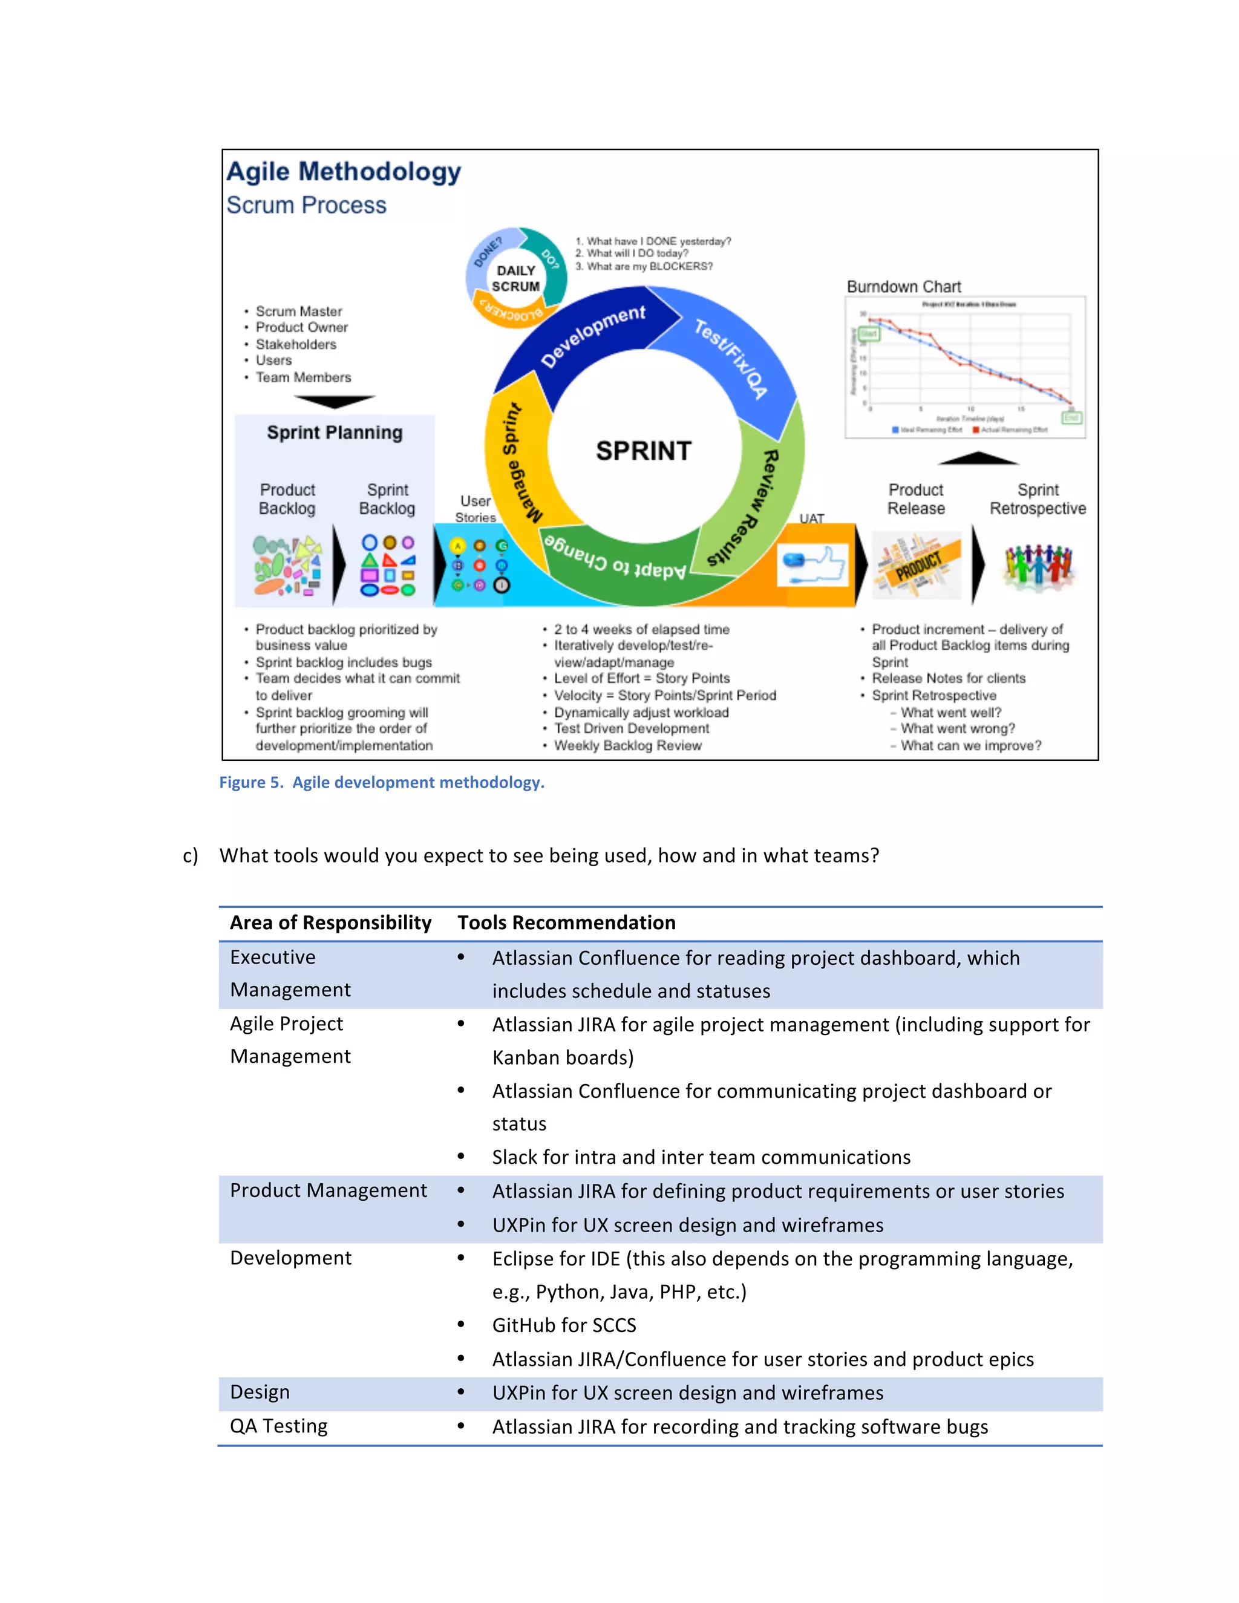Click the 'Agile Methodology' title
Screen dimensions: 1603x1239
(x=344, y=172)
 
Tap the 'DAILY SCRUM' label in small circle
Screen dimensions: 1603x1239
(x=516, y=279)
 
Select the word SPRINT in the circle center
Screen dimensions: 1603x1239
(x=644, y=451)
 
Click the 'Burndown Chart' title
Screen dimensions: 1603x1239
(x=904, y=287)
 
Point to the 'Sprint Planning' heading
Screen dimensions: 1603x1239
(x=335, y=433)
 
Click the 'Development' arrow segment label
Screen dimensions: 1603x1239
(x=593, y=336)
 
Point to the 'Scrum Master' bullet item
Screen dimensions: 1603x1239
(x=299, y=311)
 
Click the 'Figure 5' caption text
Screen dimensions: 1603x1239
(x=382, y=782)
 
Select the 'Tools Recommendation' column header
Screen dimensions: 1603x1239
(x=567, y=922)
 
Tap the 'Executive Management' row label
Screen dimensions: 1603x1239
(x=290, y=973)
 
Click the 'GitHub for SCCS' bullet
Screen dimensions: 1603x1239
(x=564, y=1325)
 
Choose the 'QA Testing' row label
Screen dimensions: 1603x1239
(x=279, y=1426)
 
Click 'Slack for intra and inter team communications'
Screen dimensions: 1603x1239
(x=701, y=1157)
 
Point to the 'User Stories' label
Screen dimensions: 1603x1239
(x=476, y=509)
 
